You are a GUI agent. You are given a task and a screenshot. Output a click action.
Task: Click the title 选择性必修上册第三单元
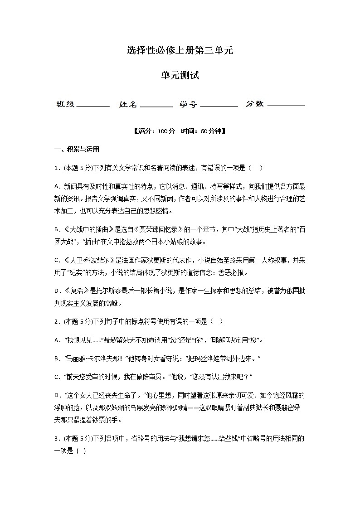pos(180,51)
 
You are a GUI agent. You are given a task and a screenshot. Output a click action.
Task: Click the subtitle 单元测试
pos(180,76)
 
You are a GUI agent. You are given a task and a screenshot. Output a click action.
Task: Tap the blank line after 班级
pos(93,105)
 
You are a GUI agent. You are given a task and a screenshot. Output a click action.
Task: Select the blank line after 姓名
pos(156,105)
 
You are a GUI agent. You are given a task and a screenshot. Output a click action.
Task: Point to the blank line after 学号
pos(219,105)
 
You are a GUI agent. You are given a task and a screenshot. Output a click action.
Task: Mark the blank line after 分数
pos(286,105)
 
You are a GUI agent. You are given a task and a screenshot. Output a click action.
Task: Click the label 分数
pos(254,104)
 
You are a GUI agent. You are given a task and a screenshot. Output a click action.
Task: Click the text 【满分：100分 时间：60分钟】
pos(180,131)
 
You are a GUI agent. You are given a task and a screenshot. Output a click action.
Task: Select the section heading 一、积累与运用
pos(77,150)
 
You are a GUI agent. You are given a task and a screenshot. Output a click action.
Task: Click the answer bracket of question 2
pos(216,321)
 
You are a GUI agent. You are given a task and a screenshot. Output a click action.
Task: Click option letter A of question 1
pos(57,186)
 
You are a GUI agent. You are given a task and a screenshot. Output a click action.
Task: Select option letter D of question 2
pos(57,395)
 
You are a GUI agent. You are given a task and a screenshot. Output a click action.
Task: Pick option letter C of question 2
pos(57,377)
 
